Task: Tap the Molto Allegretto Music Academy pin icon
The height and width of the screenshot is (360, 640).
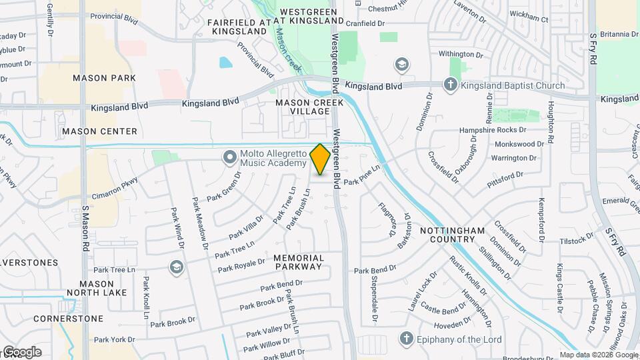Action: point(230,158)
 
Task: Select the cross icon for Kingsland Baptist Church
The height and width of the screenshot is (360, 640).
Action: point(451,85)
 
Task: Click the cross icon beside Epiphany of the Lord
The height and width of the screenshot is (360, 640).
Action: point(405,339)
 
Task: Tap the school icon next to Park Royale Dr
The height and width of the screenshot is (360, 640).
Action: point(176,267)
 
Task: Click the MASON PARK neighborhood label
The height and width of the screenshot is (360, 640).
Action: point(104,78)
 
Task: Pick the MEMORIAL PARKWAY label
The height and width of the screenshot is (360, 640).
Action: point(299,262)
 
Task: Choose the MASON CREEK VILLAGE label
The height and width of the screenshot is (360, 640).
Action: point(311,107)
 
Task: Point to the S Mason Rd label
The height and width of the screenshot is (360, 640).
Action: point(85,227)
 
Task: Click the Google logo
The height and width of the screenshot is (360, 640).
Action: point(21,352)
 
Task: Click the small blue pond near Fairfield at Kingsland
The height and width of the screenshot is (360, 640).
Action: point(225,63)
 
